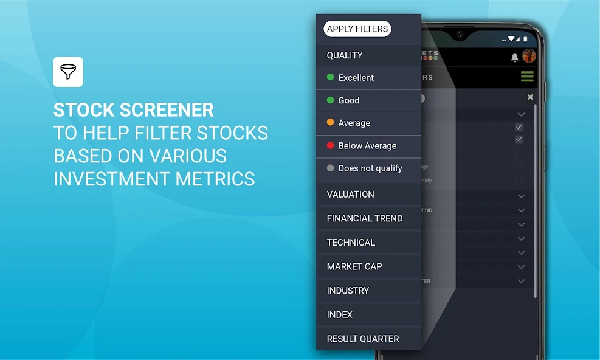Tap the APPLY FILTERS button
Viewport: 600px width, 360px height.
[x=358, y=29]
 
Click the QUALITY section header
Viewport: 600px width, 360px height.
[x=345, y=55]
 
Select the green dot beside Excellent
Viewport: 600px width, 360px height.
[x=331, y=77]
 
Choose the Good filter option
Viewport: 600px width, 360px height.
[x=349, y=100]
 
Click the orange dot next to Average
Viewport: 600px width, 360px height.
[x=331, y=123]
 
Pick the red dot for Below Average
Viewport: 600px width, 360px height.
[x=331, y=145]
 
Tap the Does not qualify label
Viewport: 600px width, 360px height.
[x=370, y=168]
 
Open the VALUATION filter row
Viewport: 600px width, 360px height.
[x=351, y=195]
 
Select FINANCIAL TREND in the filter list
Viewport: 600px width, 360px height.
[x=365, y=218]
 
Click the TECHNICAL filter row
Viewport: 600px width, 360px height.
[x=351, y=243]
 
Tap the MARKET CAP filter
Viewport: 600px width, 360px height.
[x=354, y=266]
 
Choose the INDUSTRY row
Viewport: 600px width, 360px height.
[x=348, y=291]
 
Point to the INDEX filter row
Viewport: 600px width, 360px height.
[x=340, y=314]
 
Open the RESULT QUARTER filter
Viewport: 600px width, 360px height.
[x=363, y=339]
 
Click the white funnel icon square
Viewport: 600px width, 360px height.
[x=68, y=72]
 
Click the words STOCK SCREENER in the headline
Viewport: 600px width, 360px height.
[x=134, y=110]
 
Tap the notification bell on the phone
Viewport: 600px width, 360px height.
[x=515, y=57]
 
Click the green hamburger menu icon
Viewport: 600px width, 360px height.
[x=527, y=77]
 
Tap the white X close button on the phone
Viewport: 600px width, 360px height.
[x=530, y=97]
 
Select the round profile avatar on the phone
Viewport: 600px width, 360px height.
[x=529, y=57]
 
